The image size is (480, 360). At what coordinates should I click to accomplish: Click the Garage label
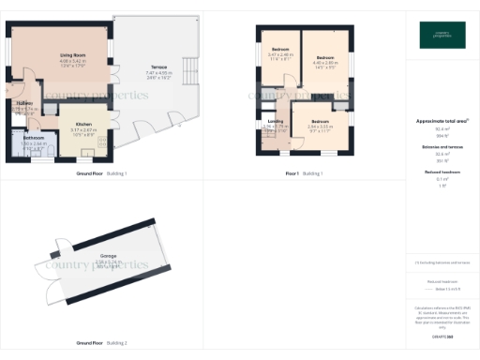tap(109, 255)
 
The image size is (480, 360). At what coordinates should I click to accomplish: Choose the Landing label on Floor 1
tap(276, 121)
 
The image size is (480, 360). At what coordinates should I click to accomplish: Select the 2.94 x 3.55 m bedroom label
tap(321, 122)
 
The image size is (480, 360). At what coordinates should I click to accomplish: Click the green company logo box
tap(441, 36)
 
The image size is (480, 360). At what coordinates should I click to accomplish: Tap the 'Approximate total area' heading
tap(440, 122)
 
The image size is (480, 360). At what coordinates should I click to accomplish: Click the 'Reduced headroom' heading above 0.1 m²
tap(440, 173)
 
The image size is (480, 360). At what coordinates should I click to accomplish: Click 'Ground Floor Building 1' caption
tap(101, 173)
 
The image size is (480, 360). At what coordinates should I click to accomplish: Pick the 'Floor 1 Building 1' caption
tap(303, 173)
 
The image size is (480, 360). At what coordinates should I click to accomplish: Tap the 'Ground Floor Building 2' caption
tap(101, 343)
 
